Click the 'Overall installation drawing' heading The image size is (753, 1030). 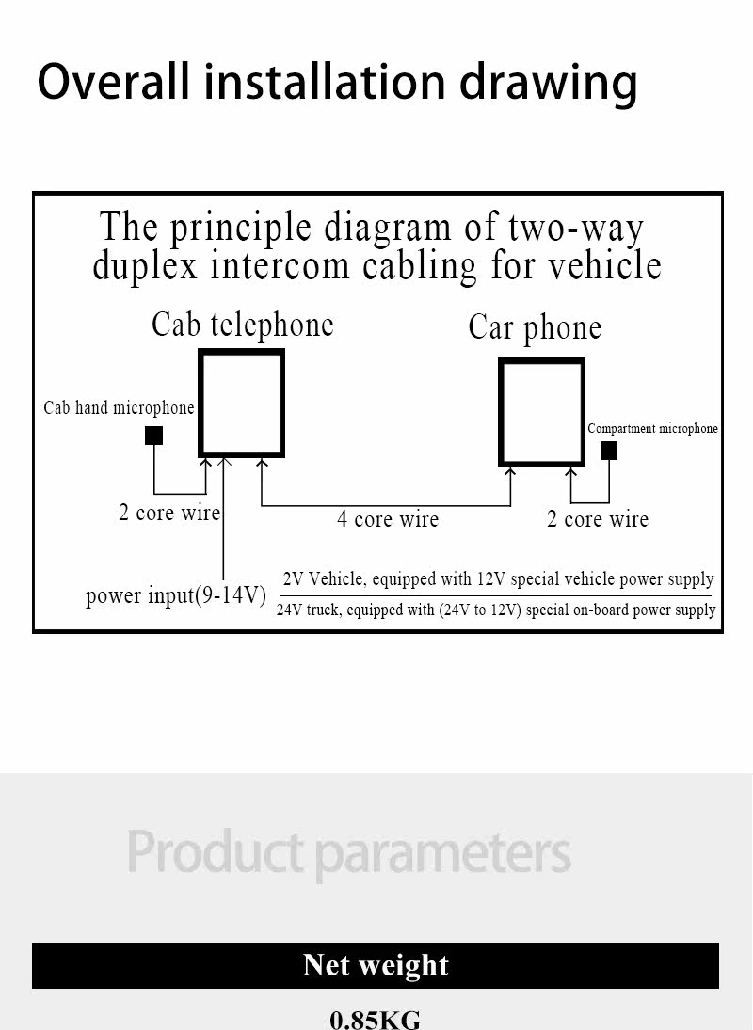click(337, 82)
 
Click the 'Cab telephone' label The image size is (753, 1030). click(243, 325)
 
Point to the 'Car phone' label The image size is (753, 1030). click(535, 327)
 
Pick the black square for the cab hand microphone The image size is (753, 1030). click(153, 436)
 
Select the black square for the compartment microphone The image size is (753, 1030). click(609, 451)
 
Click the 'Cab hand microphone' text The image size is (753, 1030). click(119, 408)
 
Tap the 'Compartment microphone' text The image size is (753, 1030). click(652, 428)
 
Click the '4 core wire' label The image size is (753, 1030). click(388, 519)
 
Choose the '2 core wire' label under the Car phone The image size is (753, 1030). click(598, 519)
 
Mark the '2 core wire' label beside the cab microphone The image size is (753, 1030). click(168, 513)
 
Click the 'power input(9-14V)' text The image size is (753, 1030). click(175, 595)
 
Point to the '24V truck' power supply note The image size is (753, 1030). click(496, 610)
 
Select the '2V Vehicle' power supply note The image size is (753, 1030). click(498, 579)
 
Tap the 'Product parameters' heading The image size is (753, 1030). click(349, 852)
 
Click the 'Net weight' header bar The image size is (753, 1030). click(376, 966)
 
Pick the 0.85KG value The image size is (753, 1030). click(376, 1020)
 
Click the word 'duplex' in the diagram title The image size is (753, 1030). click(145, 267)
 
